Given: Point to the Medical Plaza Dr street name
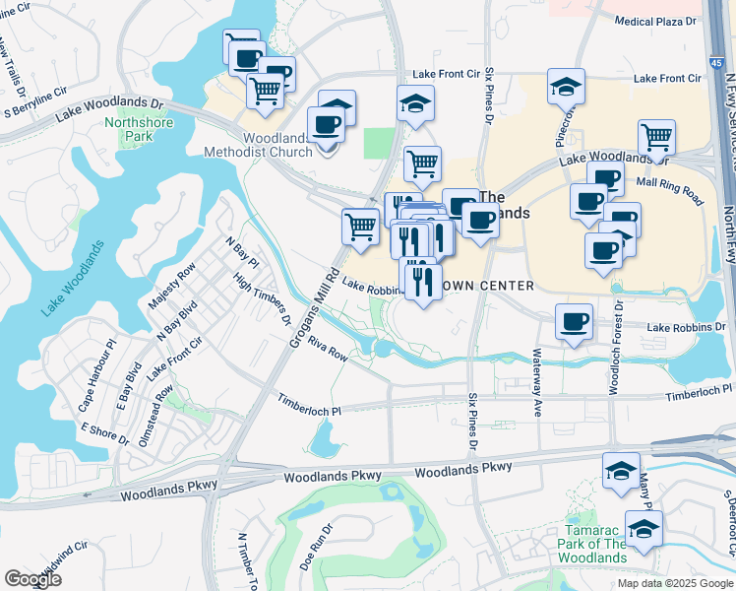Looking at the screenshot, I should pyautogui.click(x=655, y=21).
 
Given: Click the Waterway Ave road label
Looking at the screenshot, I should pyautogui.click(x=538, y=370).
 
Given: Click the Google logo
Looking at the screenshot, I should pyautogui.click(x=32, y=578).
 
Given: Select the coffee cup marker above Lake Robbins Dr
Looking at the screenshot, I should pyautogui.click(x=574, y=321).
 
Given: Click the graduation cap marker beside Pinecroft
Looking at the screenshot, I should pyautogui.click(x=566, y=86).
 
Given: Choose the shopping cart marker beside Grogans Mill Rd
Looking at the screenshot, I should pyautogui.click(x=360, y=226).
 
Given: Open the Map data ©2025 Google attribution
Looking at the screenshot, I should pyautogui.click(x=674, y=583).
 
